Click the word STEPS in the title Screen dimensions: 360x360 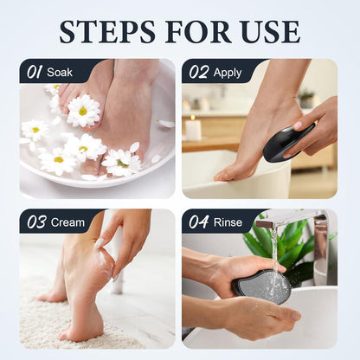tap(107, 31)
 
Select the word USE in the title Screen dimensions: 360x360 tap(270, 31)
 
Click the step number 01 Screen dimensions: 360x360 tap(35, 72)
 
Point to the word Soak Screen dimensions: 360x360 tap(60, 72)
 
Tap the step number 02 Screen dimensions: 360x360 tap(198, 72)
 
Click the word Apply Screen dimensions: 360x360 tap(228, 73)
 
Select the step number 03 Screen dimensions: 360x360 tap(36, 222)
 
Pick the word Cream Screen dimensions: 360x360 tap(67, 222)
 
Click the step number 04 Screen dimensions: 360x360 tap(199, 222)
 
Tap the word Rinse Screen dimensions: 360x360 tap(228, 222)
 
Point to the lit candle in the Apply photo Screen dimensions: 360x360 tap(193, 127)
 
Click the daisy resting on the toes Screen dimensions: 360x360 tap(83, 111)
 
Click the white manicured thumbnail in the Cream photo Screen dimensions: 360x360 tap(99, 244)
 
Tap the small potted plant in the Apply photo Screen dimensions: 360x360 tap(306, 98)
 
